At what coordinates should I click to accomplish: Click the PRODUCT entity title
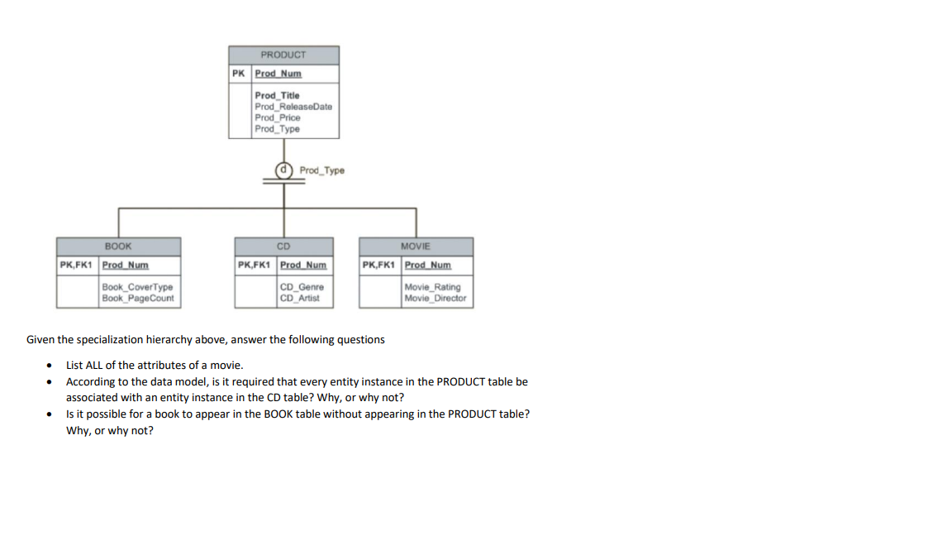(283, 55)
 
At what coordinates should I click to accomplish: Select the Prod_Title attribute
(278, 96)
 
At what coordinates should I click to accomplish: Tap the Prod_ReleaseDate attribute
(293, 107)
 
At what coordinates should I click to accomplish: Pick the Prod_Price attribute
(278, 117)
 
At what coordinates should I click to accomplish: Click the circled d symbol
(284, 170)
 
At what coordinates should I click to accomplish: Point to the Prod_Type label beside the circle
(322, 170)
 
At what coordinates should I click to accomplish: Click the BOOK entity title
(118, 246)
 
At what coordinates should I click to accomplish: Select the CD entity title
(283, 246)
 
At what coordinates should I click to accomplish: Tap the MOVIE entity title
(416, 246)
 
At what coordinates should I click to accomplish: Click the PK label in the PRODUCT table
(239, 74)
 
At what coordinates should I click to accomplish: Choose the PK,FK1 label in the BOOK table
(77, 266)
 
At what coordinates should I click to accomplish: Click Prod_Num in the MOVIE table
(428, 266)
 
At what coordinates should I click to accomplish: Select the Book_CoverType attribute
(137, 287)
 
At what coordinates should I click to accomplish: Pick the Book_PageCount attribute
(138, 298)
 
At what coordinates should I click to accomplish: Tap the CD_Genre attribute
(302, 287)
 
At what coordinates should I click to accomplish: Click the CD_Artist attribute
(300, 298)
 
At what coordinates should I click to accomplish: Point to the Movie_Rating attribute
(433, 287)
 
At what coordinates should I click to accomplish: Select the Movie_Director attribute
(436, 298)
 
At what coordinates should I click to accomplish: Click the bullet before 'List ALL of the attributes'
(51, 365)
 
